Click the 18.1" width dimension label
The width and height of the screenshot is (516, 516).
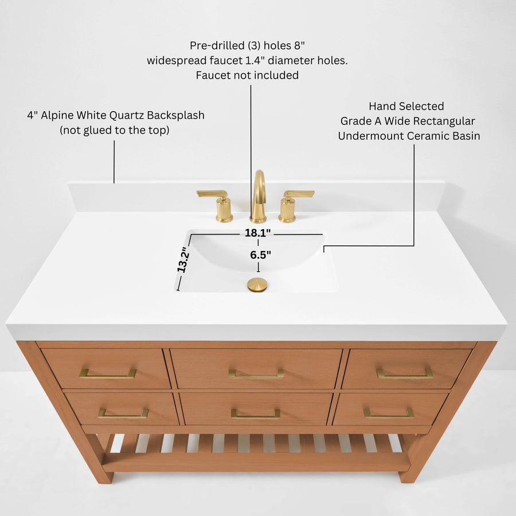(x=257, y=233)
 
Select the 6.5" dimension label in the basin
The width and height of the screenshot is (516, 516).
(x=260, y=255)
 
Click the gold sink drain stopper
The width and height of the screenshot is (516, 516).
(x=257, y=284)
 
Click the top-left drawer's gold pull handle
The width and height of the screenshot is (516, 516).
(x=107, y=374)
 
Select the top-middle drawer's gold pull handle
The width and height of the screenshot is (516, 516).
(x=256, y=374)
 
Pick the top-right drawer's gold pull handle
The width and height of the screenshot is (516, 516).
(x=404, y=374)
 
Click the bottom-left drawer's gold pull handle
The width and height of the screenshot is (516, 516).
(x=123, y=413)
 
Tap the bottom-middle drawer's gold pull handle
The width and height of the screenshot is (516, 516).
(x=256, y=414)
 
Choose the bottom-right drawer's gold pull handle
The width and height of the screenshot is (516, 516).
(x=389, y=413)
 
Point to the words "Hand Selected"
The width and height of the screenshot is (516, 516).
(x=406, y=106)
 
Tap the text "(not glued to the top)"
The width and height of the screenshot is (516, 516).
(x=115, y=130)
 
